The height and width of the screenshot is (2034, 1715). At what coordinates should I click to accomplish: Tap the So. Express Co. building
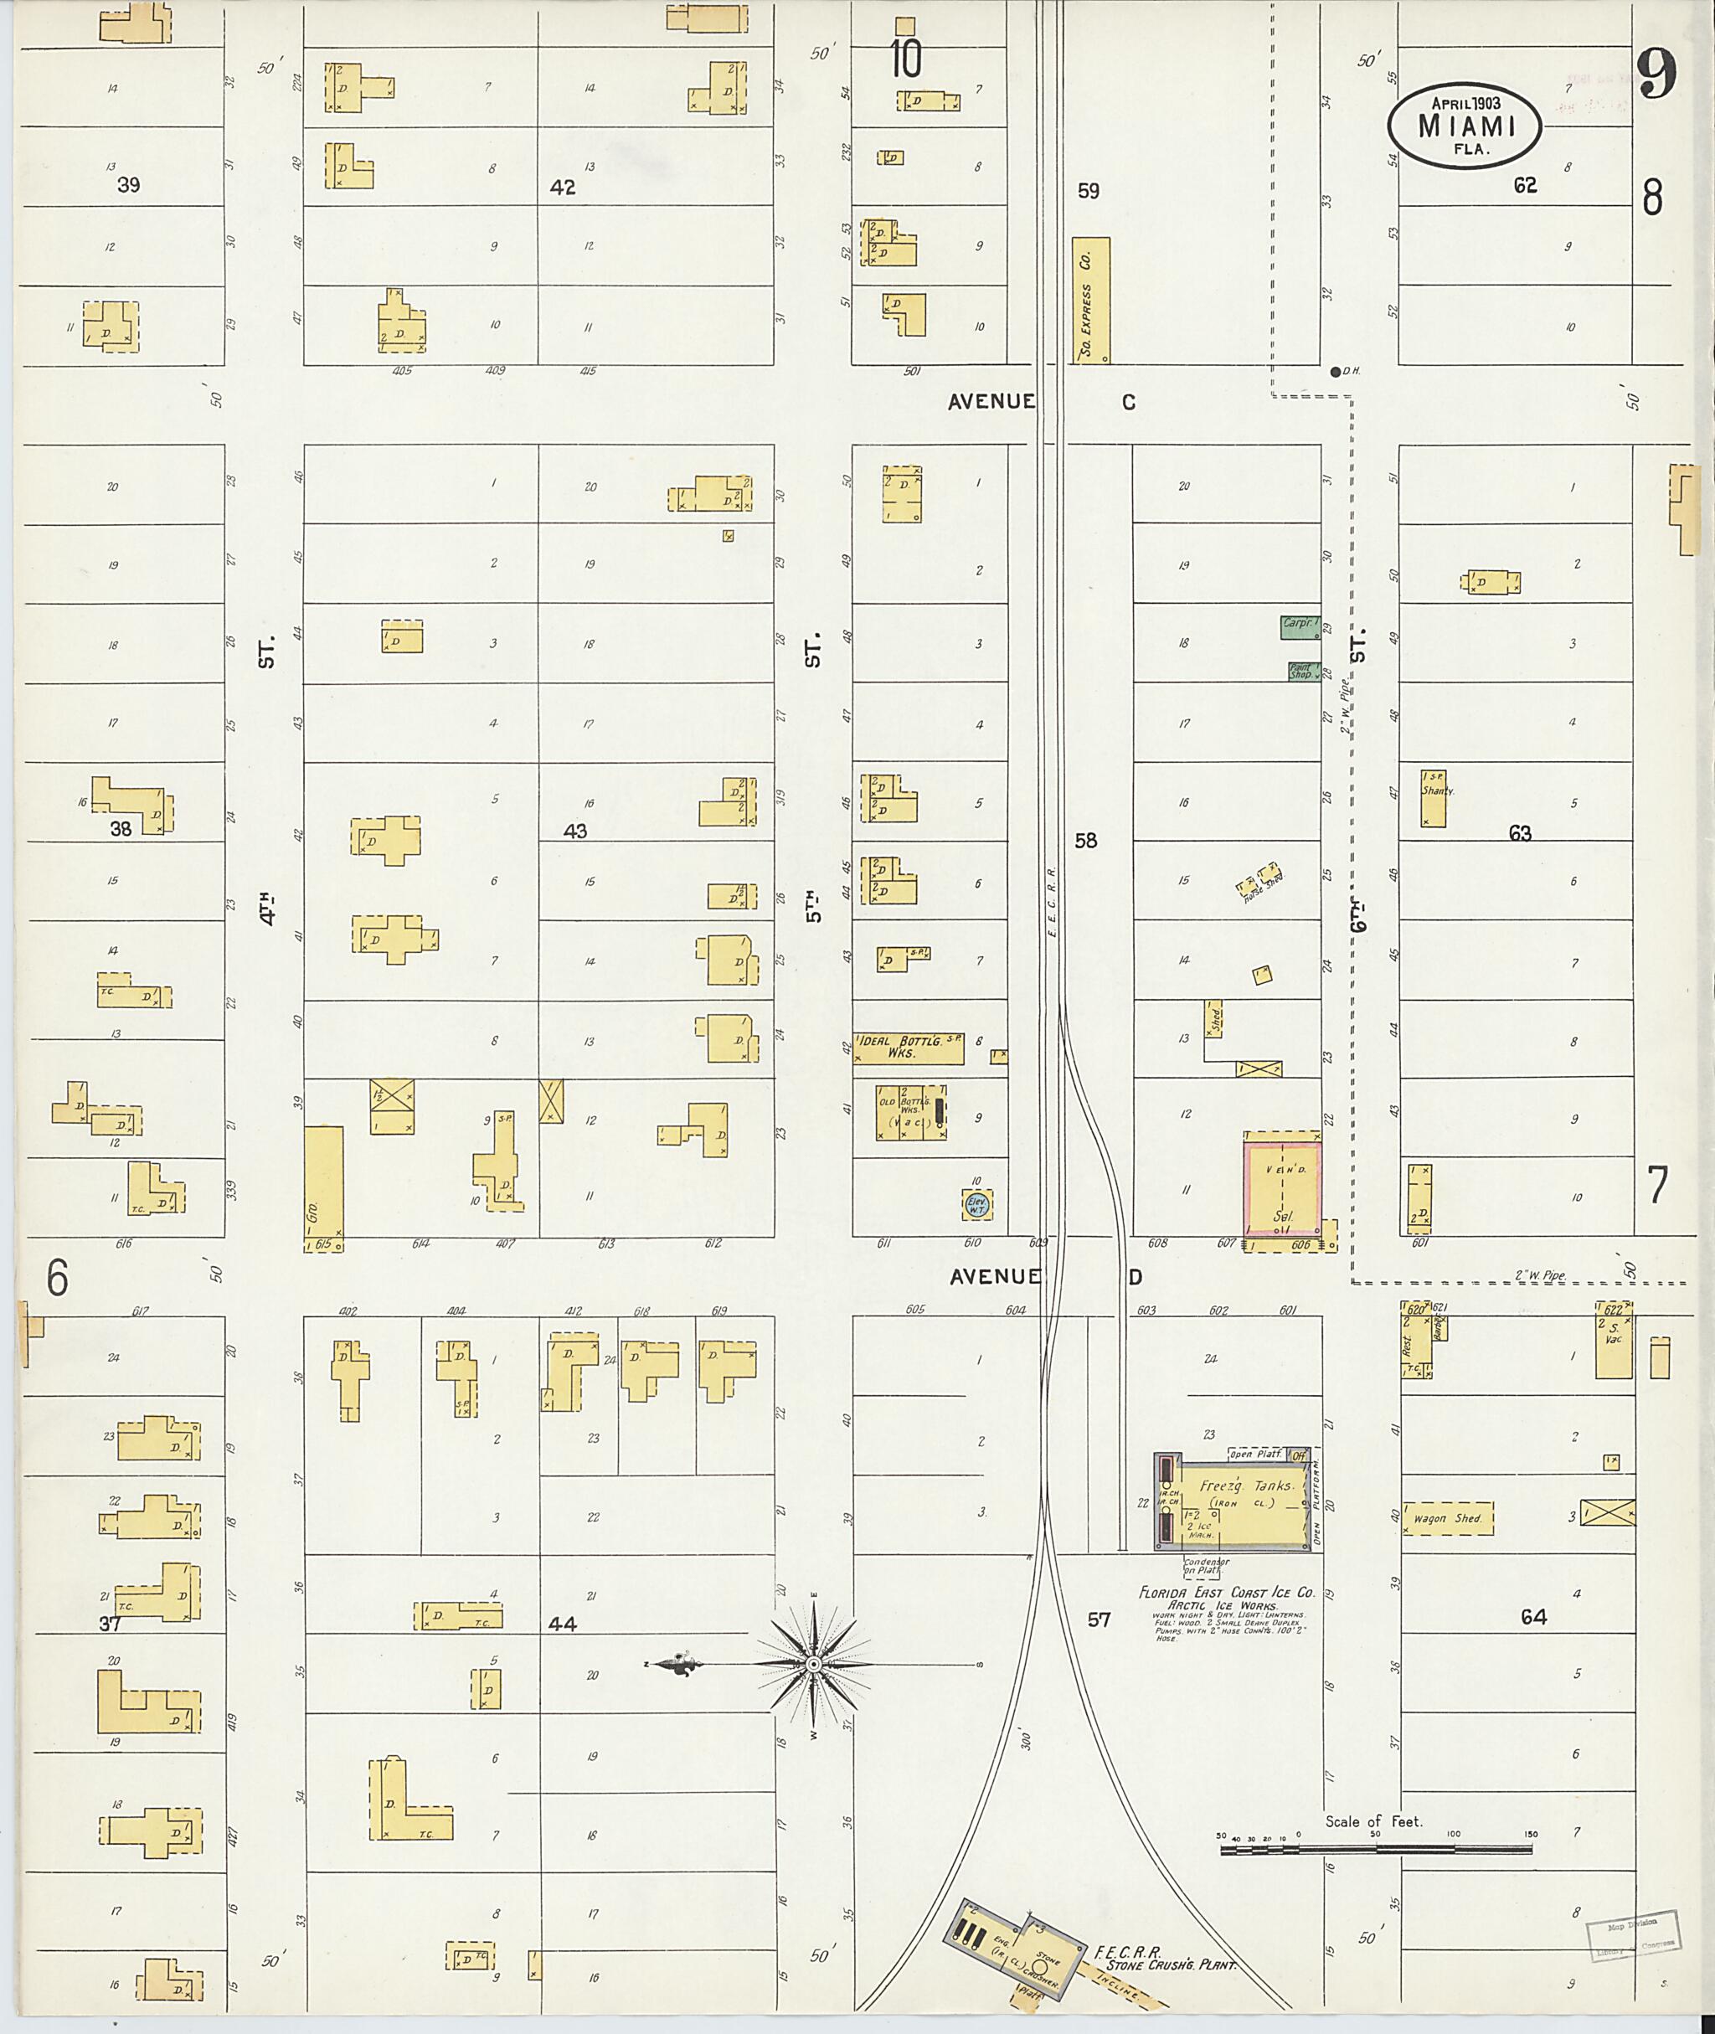[x=1091, y=301]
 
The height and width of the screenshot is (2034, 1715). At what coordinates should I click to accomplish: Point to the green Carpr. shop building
[x=1299, y=626]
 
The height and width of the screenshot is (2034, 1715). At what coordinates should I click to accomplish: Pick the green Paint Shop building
[x=1300, y=671]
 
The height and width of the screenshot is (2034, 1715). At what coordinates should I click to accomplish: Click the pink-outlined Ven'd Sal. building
[x=1281, y=1191]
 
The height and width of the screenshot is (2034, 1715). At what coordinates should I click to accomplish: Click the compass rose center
[x=814, y=1665]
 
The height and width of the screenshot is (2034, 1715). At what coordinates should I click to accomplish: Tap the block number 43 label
[x=574, y=832]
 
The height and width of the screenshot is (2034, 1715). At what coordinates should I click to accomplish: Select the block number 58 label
[x=1086, y=840]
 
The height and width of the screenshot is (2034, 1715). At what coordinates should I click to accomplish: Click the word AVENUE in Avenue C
[x=991, y=402]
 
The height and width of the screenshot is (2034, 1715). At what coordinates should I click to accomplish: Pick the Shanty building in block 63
[x=1432, y=797]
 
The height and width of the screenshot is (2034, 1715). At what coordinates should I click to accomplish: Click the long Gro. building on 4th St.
[x=324, y=1187]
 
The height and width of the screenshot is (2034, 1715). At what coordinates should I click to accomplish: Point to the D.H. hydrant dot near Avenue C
[x=1336, y=370]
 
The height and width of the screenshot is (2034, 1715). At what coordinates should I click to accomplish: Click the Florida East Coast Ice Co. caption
[x=1227, y=1593]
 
